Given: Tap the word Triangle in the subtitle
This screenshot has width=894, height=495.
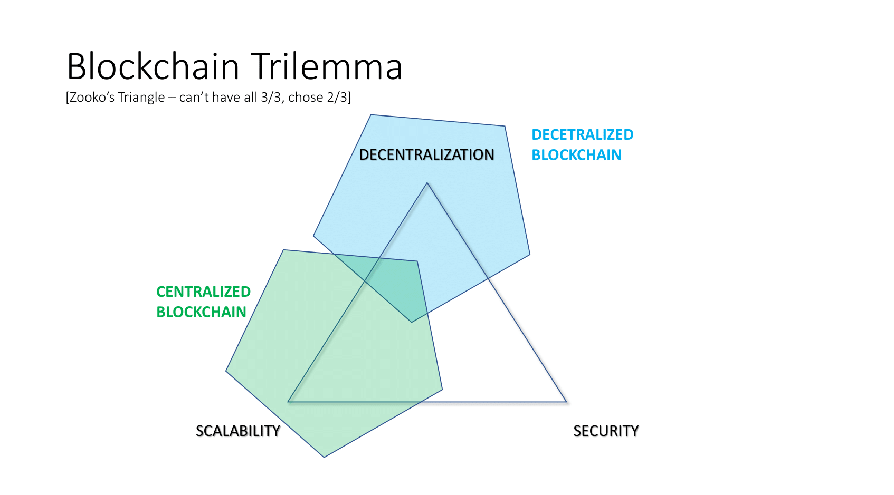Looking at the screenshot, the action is click(141, 98).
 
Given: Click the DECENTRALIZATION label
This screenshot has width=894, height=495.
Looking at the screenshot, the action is click(426, 154).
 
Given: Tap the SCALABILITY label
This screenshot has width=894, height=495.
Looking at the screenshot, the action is click(238, 431).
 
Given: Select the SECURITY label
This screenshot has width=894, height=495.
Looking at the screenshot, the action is click(606, 431).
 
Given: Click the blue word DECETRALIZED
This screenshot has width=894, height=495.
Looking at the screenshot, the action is click(582, 135).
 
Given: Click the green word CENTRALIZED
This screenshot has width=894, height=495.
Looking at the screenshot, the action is click(203, 292).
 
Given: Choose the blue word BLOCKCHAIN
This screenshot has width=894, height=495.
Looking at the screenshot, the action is click(576, 155).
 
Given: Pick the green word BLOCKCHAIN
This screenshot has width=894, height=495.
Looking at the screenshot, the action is click(201, 312).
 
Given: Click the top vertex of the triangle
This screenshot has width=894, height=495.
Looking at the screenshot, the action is click(427, 183).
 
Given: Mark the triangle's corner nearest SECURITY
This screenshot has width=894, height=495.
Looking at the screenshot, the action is click(566, 402).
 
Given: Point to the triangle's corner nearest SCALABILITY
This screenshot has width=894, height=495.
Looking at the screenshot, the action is click(288, 402).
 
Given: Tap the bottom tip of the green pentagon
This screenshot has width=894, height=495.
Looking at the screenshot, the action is click(324, 457).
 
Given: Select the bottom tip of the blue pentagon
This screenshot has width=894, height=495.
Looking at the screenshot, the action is click(412, 322).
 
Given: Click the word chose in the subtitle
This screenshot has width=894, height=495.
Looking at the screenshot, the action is click(306, 97).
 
